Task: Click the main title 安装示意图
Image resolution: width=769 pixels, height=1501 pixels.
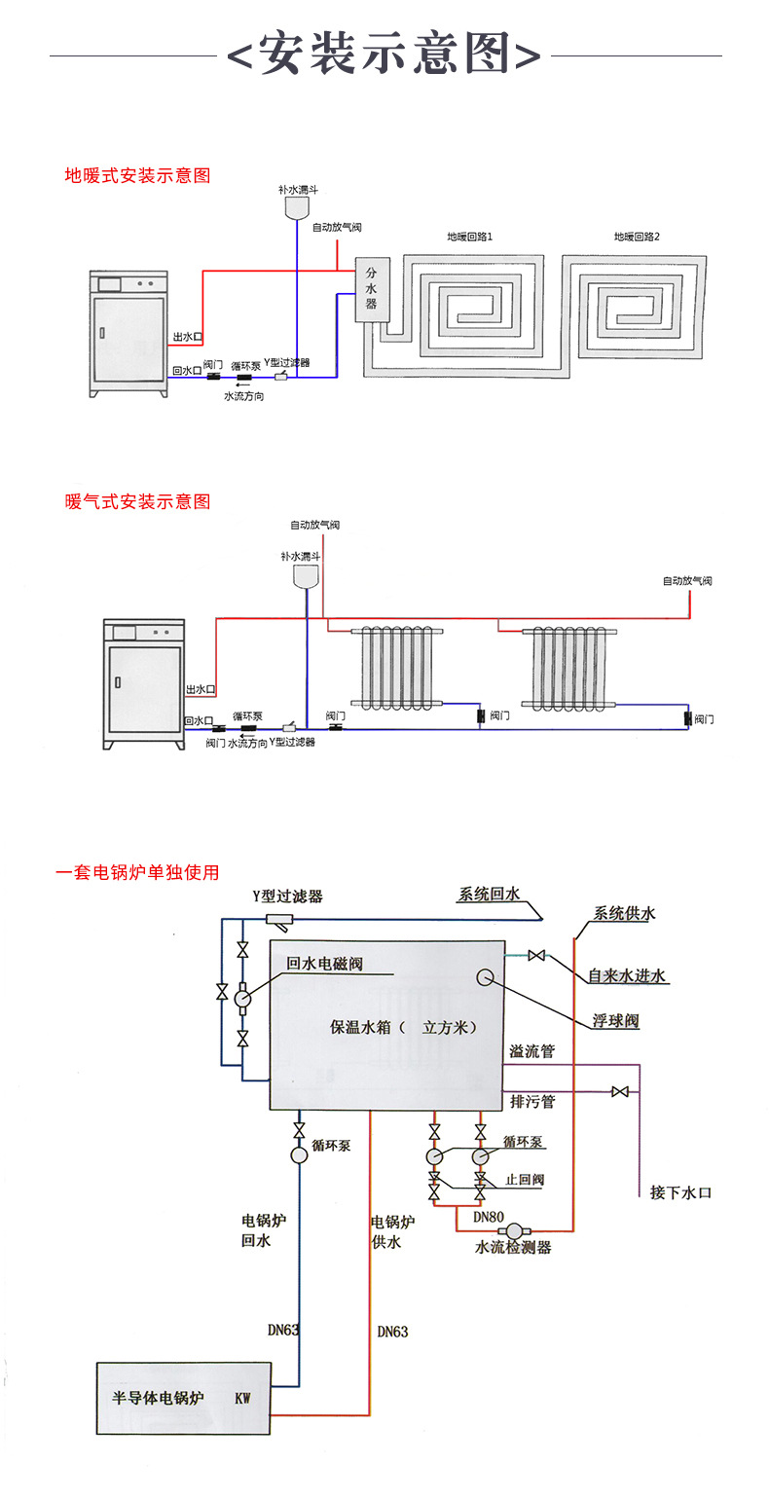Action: (x=384, y=55)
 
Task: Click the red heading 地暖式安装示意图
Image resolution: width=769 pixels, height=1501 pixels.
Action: (x=137, y=176)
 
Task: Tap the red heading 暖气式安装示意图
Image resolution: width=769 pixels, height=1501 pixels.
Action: (x=137, y=501)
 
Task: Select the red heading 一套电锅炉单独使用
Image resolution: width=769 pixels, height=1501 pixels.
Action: (x=137, y=872)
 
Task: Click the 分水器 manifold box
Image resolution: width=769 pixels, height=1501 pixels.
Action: (x=371, y=289)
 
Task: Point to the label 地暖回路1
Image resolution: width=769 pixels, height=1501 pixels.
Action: (x=469, y=237)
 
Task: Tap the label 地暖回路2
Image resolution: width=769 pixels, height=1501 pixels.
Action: (x=637, y=237)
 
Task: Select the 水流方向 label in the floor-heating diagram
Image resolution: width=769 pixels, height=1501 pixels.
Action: (x=244, y=397)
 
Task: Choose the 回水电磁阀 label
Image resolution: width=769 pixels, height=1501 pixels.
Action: (x=324, y=964)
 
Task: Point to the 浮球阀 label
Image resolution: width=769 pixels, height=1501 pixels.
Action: (x=615, y=1021)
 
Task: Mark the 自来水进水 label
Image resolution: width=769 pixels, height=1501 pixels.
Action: (x=627, y=975)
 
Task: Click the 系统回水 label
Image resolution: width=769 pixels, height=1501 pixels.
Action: (x=490, y=895)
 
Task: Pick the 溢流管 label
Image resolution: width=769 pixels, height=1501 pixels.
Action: (x=532, y=1051)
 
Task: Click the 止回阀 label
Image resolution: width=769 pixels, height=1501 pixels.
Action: (x=525, y=1180)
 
